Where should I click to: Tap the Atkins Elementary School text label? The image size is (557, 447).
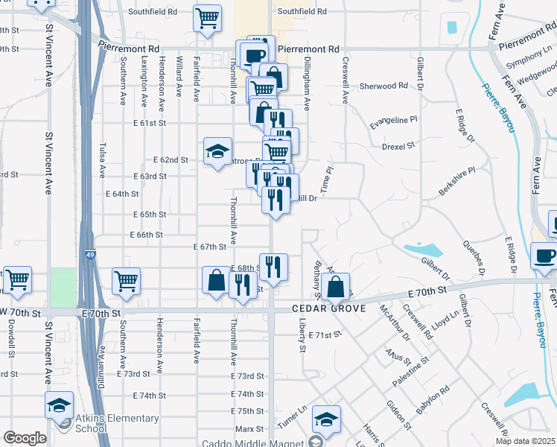pyautogui.click(x=116, y=423)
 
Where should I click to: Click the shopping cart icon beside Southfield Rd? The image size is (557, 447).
pyautogui.click(x=208, y=17)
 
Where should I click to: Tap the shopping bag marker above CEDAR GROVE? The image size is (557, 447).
pyautogui.click(x=337, y=285)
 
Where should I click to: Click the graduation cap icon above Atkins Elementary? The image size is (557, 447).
pyautogui.click(x=59, y=405)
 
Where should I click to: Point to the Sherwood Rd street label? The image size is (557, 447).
pyautogui.click(x=383, y=86)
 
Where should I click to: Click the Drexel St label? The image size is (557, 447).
pyautogui.click(x=398, y=147)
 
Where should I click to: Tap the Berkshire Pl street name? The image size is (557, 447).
pyautogui.click(x=456, y=181)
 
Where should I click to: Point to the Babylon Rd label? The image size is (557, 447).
pyautogui.click(x=433, y=400)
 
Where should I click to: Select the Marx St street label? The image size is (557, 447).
pyautogui.click(x=249, y=429)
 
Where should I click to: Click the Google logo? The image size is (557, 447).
pyautogui.click(x=25, y=438)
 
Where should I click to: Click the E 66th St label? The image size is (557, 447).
pyautogui.click(x=145, y=235)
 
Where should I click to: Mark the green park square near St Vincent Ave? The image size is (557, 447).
pyautogui.click(x=63, y=287)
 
